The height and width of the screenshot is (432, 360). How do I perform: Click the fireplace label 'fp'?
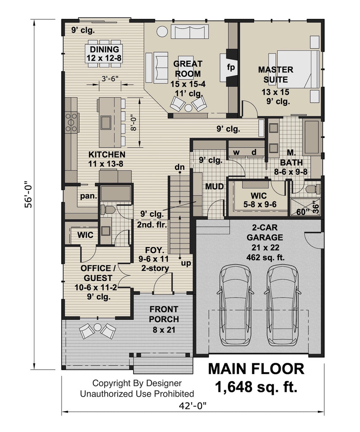coord(231,67)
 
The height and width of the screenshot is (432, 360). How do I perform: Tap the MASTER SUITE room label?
coord(276,74)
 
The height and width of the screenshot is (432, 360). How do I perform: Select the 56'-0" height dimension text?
coord(28,194)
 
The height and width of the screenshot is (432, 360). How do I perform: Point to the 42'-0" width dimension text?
coord(192,405)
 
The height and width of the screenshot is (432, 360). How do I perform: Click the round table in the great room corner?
coord(162,31)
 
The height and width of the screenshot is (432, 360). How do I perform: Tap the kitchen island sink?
coord(106,122)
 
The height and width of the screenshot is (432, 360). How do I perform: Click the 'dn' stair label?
coord(180,167)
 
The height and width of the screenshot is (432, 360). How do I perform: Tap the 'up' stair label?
coord(186,263)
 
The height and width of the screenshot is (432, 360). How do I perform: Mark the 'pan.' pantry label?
coord(89,196)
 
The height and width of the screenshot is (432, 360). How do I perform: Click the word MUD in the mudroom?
coord(215,186)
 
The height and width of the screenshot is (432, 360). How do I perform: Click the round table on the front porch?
coord(98,327)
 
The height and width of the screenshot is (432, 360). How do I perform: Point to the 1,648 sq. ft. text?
coord(256,387)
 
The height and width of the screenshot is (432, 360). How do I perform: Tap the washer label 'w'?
coord(236,152)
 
